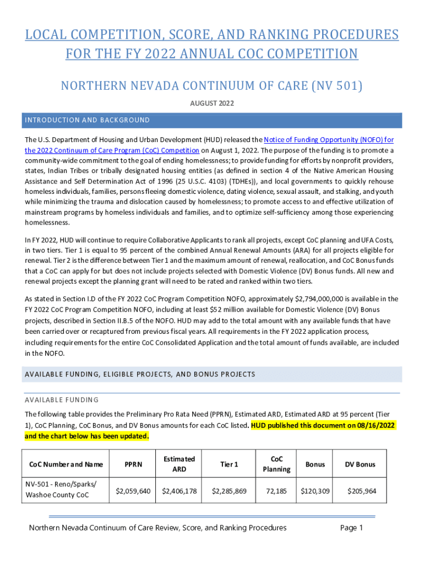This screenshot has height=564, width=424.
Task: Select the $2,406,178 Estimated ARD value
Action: pos(179,491)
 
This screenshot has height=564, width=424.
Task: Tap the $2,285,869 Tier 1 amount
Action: pos(229,491)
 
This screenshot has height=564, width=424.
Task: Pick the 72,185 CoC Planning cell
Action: pos(276,491)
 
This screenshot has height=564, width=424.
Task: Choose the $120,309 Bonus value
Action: pos(315,491)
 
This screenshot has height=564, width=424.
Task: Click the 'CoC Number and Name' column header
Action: pos(63,464)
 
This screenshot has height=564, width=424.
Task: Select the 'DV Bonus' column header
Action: pos(360,464)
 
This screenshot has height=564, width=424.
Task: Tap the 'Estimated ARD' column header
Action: pos(179,464)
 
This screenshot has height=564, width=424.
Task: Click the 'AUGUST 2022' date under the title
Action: pos(211,103)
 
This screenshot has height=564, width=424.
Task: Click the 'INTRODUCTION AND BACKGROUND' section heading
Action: pos(87,120)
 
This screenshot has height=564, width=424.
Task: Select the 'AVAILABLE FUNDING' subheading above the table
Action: pos(62,400)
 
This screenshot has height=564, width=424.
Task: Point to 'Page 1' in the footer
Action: pos(352,528)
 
